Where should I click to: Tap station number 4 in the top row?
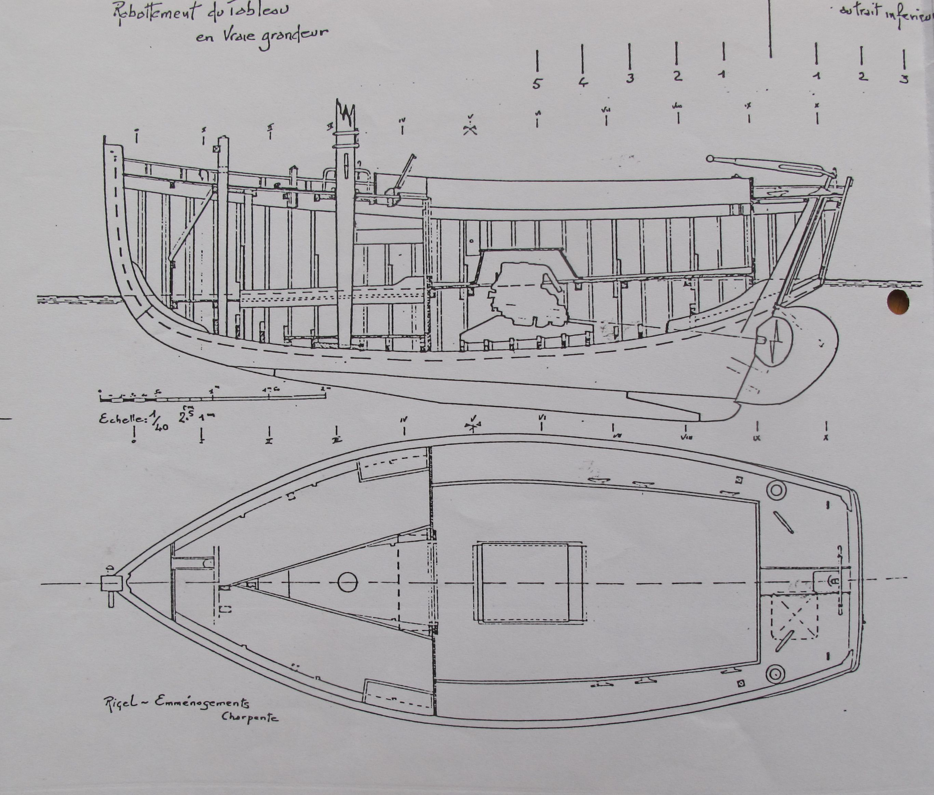click(583, 82)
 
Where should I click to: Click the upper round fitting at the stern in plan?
click(776, 490)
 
